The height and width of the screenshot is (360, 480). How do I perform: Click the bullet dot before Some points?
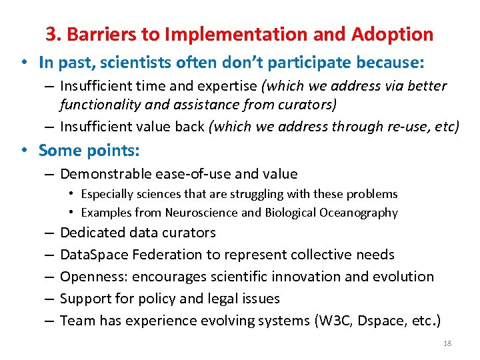tap(24, 151)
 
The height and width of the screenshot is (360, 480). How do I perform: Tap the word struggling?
tap(243, 194)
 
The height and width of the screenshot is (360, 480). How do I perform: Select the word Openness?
tap(88, 277)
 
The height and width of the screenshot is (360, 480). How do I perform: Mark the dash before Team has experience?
tap(50, 321)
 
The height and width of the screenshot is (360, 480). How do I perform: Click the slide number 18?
tap(447, 343)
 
